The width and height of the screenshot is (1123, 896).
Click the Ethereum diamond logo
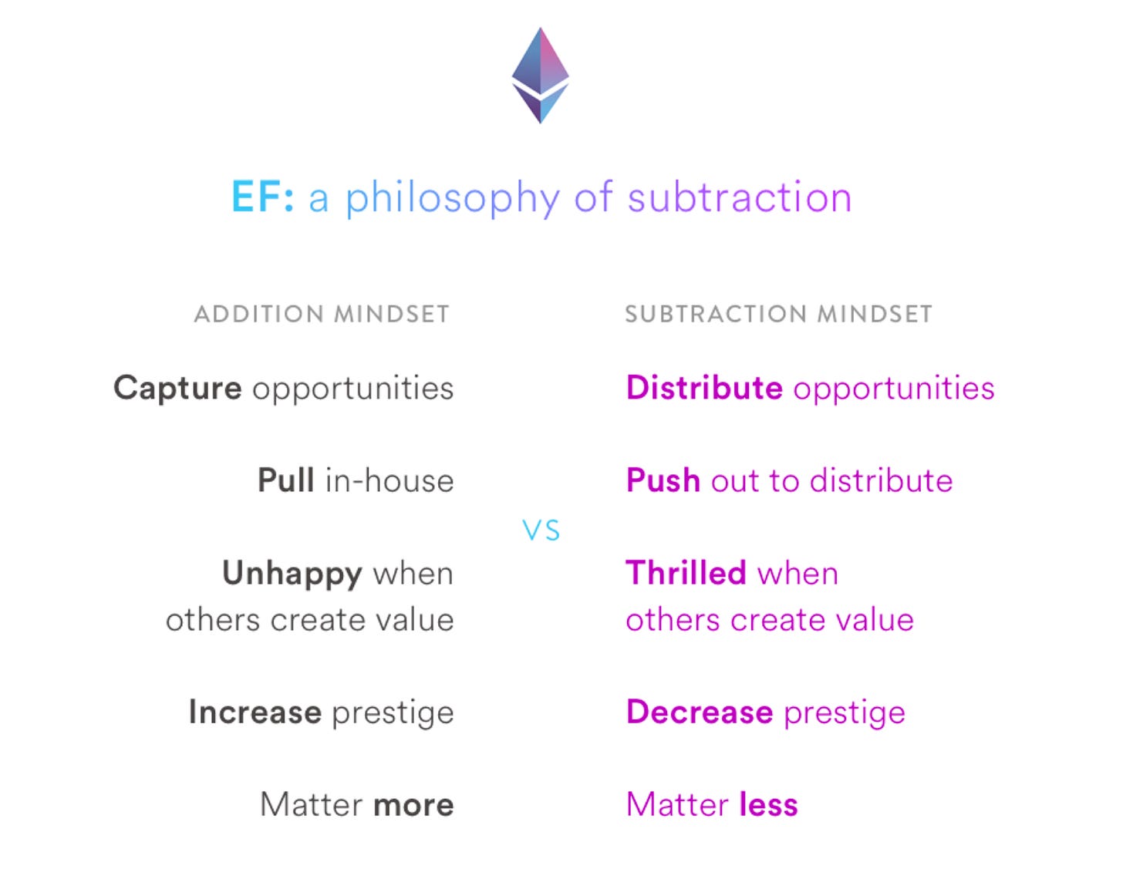point(540,76)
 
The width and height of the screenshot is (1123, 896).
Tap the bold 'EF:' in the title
point(262,197)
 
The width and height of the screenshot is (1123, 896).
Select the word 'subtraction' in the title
point(740,197)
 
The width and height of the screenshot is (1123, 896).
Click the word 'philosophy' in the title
point(453,198)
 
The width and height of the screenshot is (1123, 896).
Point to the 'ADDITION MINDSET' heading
point(322,314)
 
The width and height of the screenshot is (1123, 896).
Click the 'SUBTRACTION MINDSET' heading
point(778,314)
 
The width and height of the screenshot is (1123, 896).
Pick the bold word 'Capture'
point(178,389)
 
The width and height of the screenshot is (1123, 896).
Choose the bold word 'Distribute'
point(704,388)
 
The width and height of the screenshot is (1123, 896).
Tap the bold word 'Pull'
point(286,480)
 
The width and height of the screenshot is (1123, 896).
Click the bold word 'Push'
point(663,480)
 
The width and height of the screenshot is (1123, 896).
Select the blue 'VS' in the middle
point(541,531)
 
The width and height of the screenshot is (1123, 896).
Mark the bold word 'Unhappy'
point(292,574)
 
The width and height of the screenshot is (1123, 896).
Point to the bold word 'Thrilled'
point(686,573)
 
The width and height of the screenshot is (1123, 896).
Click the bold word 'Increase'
point(255,712)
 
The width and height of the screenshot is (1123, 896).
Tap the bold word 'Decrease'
point(700,712)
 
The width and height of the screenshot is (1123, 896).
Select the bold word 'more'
point(414,805)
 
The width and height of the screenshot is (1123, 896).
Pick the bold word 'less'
point(769,804)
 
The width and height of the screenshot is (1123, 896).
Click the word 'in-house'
point(390,480)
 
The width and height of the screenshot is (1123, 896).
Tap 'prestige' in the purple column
point(845,714)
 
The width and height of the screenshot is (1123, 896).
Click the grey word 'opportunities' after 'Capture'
point(353,389)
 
